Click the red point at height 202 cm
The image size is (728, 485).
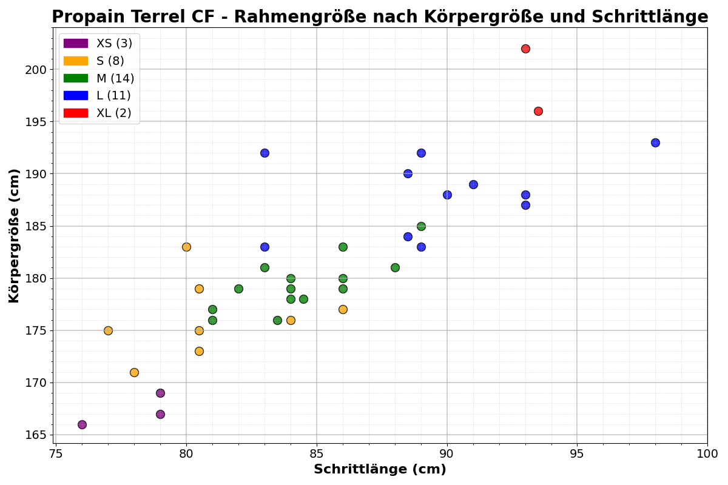point(525,48)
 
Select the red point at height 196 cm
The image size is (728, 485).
point(538,111)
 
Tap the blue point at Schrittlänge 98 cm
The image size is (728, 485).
point(655,142)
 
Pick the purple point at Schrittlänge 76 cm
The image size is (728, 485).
point(82,424)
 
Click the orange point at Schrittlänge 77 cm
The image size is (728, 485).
point(108,330)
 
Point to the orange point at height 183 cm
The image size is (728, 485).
point(186,247)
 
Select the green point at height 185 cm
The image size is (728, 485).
point(421,226)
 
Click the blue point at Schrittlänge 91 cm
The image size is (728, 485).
point(473,184)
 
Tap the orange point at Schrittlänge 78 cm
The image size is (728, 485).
point(134,372)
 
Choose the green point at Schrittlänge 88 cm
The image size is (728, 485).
point(395,267)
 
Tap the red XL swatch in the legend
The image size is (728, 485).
point(75,113)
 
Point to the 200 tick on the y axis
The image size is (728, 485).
point(53,70)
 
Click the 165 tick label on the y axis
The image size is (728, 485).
point(36,435)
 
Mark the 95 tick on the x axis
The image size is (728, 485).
point(577,443)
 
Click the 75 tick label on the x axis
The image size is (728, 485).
point(56,454)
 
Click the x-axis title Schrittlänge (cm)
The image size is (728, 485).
point(380,469)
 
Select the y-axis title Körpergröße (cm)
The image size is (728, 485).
point(15,235)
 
